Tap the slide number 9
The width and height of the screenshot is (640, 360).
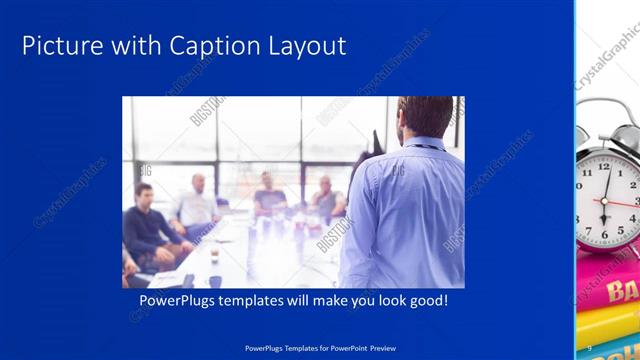590,348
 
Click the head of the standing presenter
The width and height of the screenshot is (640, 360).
424,117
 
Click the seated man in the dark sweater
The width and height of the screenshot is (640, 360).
148,225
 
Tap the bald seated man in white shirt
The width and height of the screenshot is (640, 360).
196,205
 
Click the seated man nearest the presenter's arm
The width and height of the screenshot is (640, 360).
326,200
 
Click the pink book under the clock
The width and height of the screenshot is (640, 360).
612,289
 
